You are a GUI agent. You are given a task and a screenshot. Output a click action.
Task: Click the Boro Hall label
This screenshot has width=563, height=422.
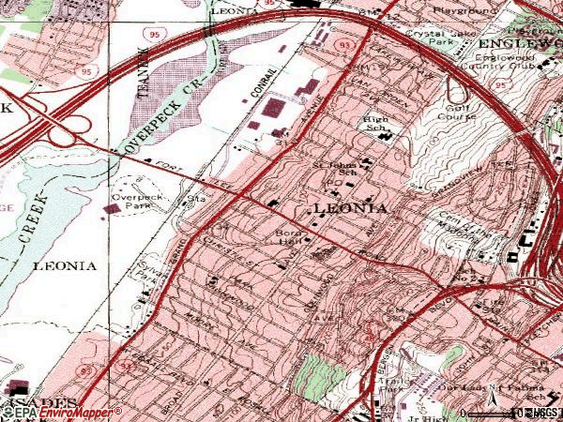pyautogui.click(x=286, y=236)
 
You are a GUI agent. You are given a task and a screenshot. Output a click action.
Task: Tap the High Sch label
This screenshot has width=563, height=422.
pyautogui.click(x=376, y=126)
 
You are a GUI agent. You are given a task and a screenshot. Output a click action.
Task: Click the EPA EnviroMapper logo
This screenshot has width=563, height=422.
pyautogui.click(x=61, y=412)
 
